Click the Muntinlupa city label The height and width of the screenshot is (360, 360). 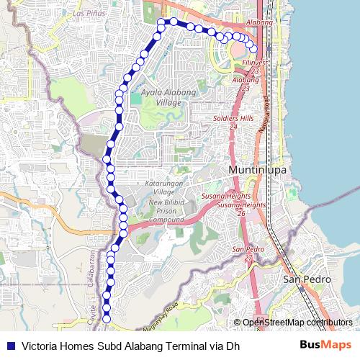(x=257, y=170)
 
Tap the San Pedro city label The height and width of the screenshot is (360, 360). (x=307, y=279)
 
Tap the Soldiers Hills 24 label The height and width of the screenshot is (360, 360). (x=233, y=122)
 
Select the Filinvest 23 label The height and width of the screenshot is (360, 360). (x=255, y=67)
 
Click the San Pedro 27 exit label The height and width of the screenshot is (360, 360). (x=244, y=253)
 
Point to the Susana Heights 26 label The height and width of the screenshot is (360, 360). (x=240, y=209)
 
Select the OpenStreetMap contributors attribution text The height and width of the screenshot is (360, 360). (x=297, y=323)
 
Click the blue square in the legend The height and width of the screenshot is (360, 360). (x=11, y=346)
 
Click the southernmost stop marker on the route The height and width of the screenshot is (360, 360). (x=107, y=318)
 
